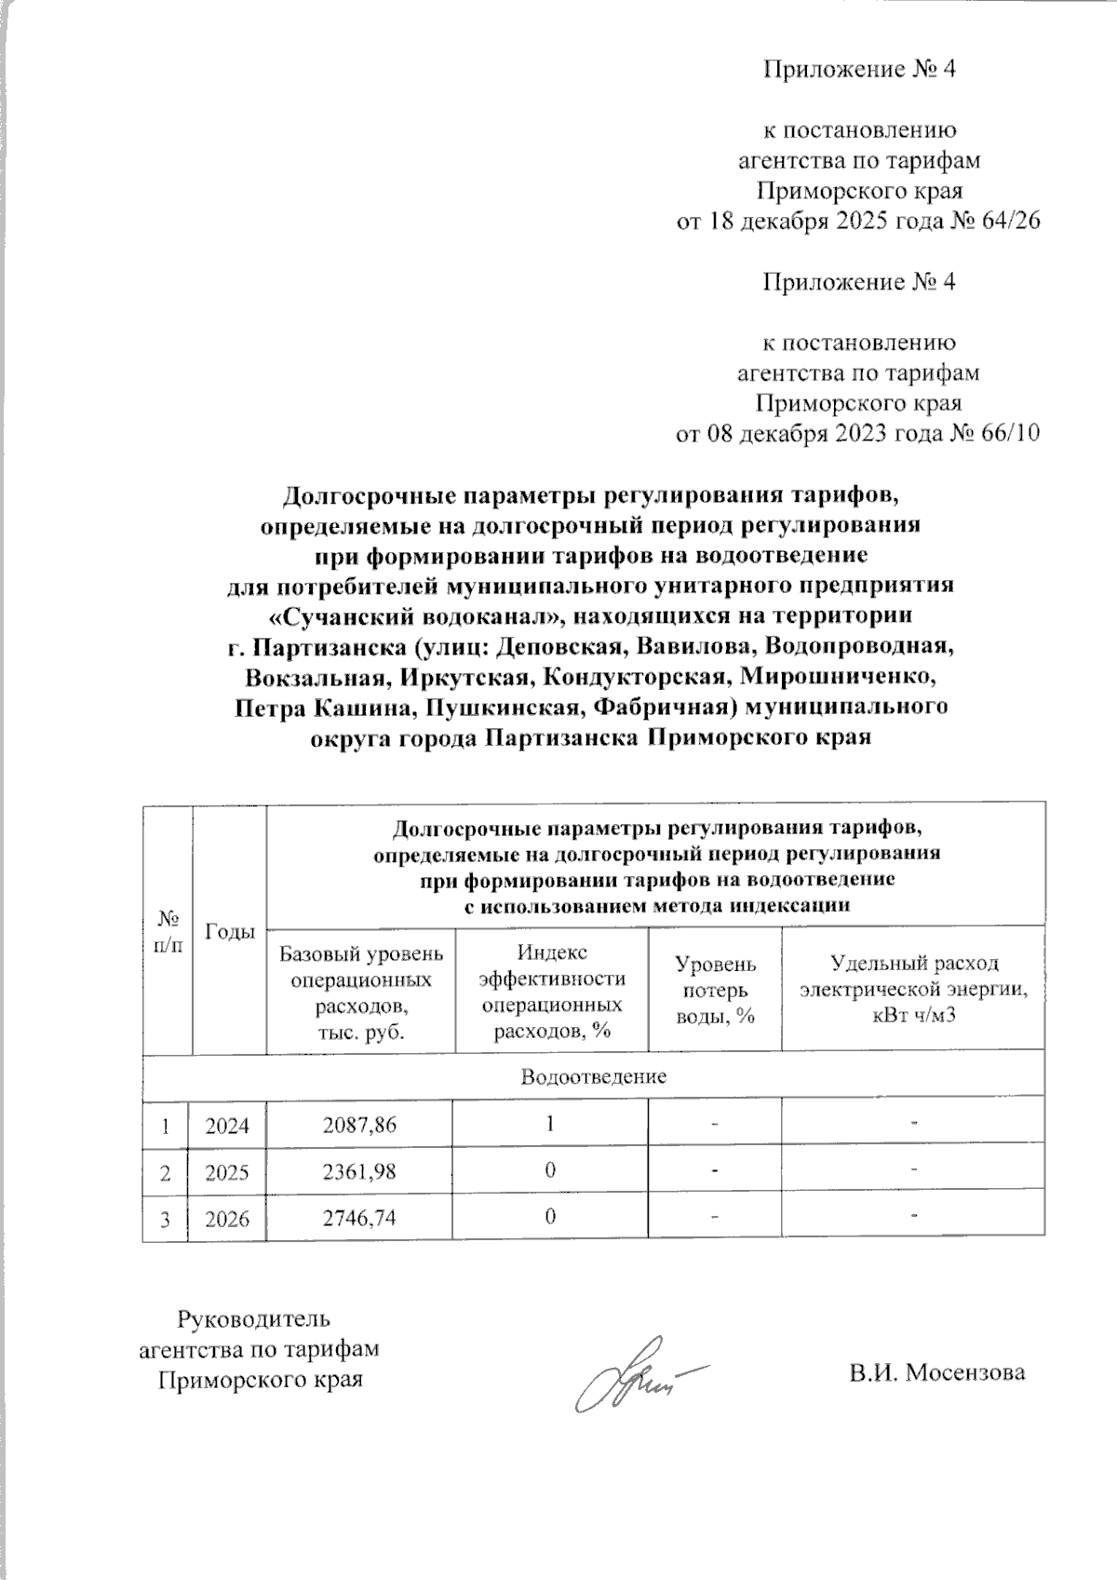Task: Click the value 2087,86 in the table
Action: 359,1124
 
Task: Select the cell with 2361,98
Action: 359,1170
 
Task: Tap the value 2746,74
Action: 359,1217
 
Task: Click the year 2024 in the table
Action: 227,1125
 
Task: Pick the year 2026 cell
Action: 227,1218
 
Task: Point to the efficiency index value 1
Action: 550,1124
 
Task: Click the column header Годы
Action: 229,931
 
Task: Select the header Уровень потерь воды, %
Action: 714,990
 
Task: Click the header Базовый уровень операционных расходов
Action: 360,992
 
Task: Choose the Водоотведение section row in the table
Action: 593,1077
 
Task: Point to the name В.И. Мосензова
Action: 936,1372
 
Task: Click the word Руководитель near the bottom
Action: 253,1318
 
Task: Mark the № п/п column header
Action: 168,931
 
